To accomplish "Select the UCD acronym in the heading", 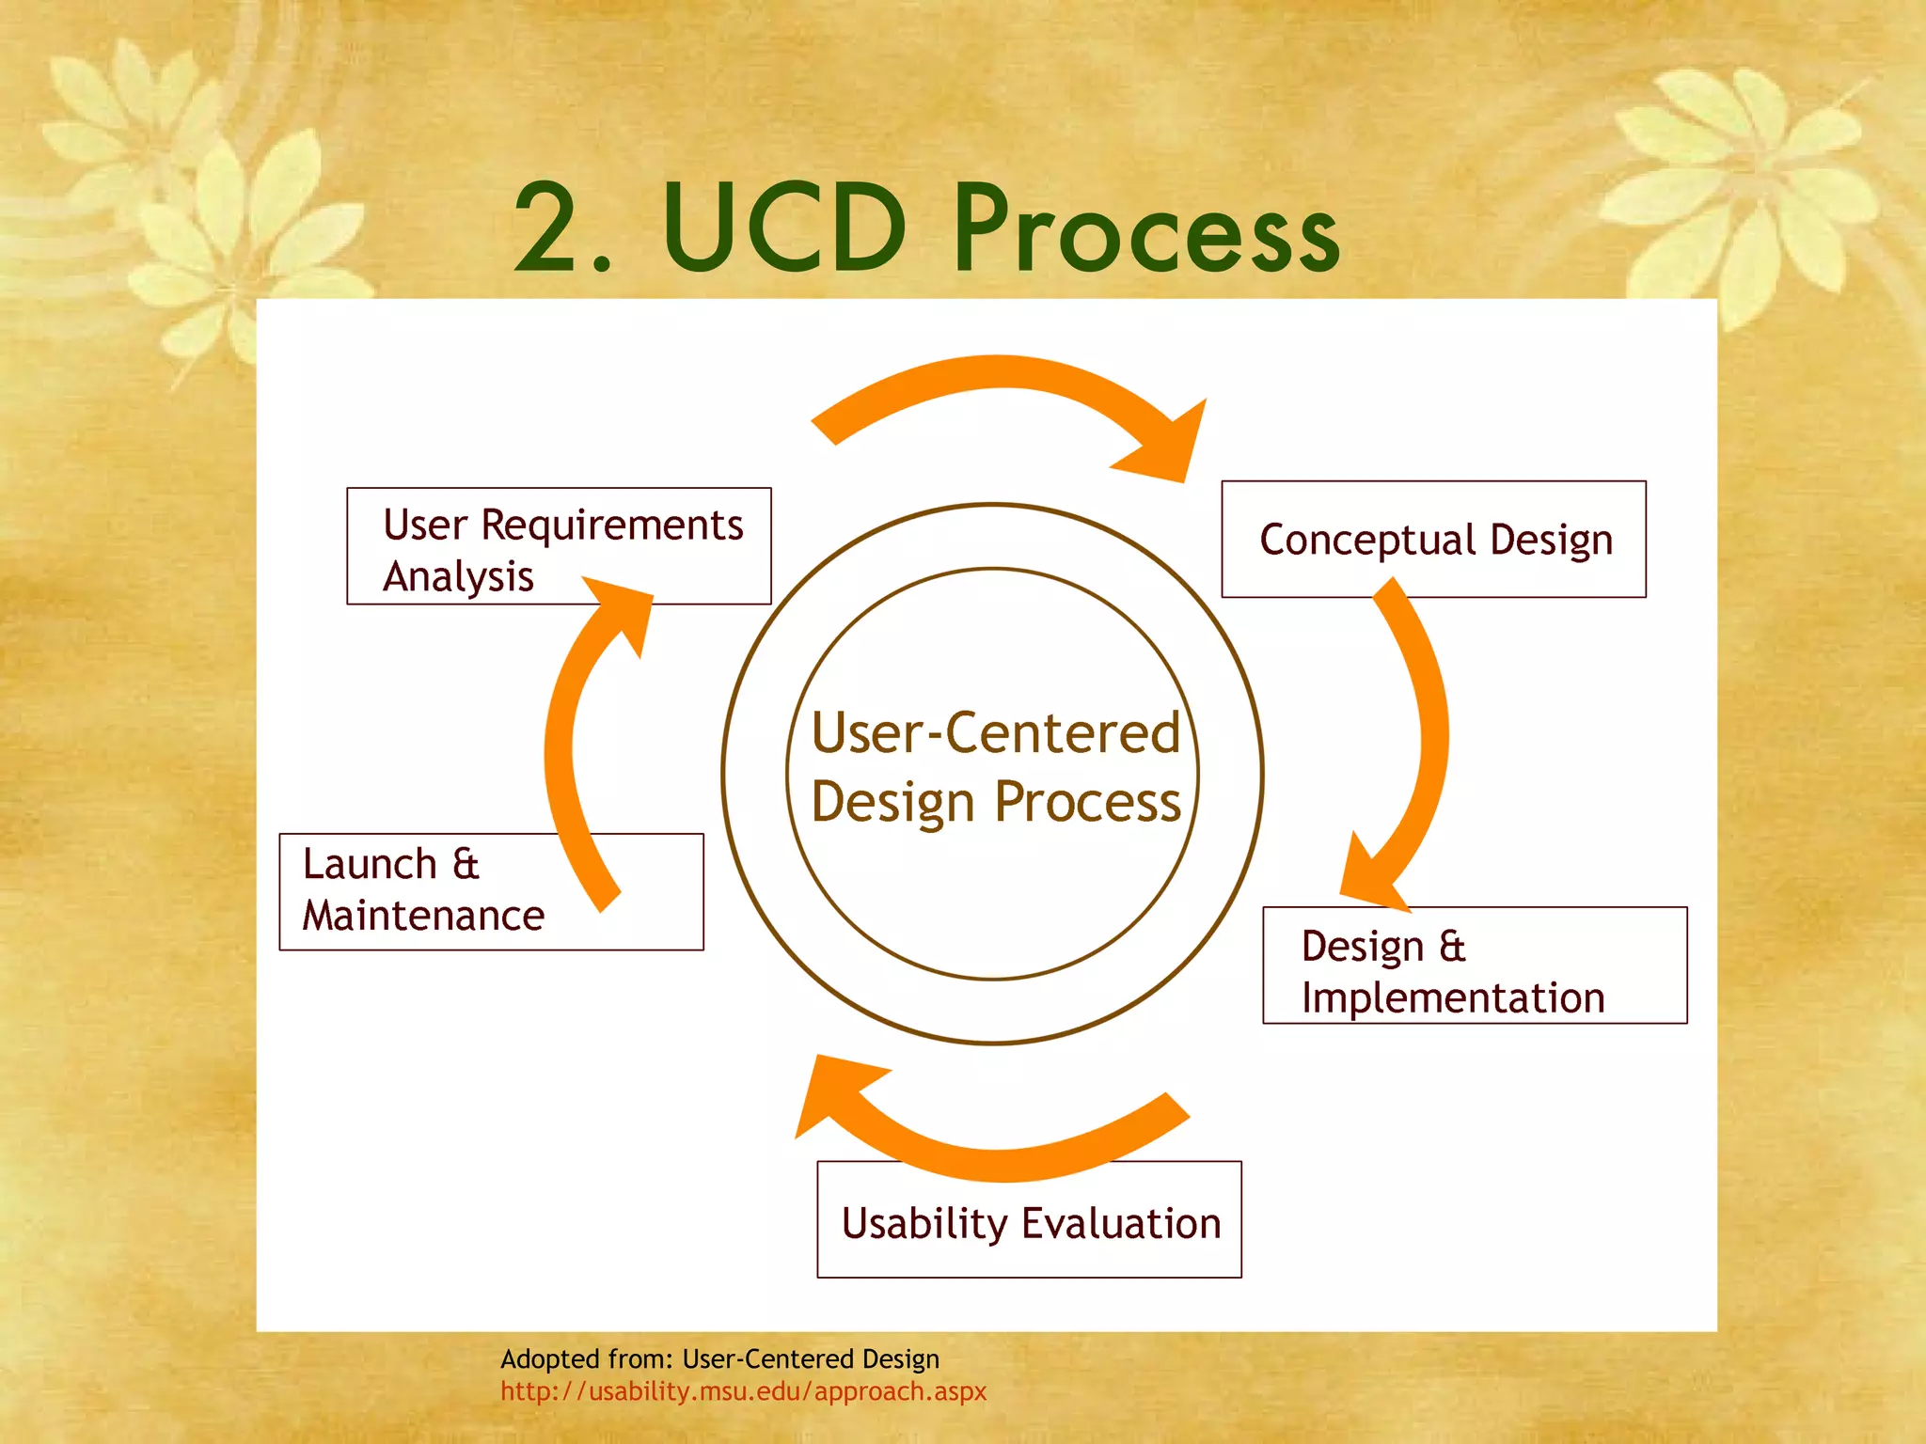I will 784,230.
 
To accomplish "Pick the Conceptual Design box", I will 1433,540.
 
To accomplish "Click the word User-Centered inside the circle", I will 995,733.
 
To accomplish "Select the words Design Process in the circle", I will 995,802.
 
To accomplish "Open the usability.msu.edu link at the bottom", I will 743,1391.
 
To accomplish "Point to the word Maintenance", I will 423,916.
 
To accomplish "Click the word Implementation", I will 1452,998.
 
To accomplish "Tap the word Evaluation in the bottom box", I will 1121,1224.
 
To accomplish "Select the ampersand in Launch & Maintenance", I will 466,864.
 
